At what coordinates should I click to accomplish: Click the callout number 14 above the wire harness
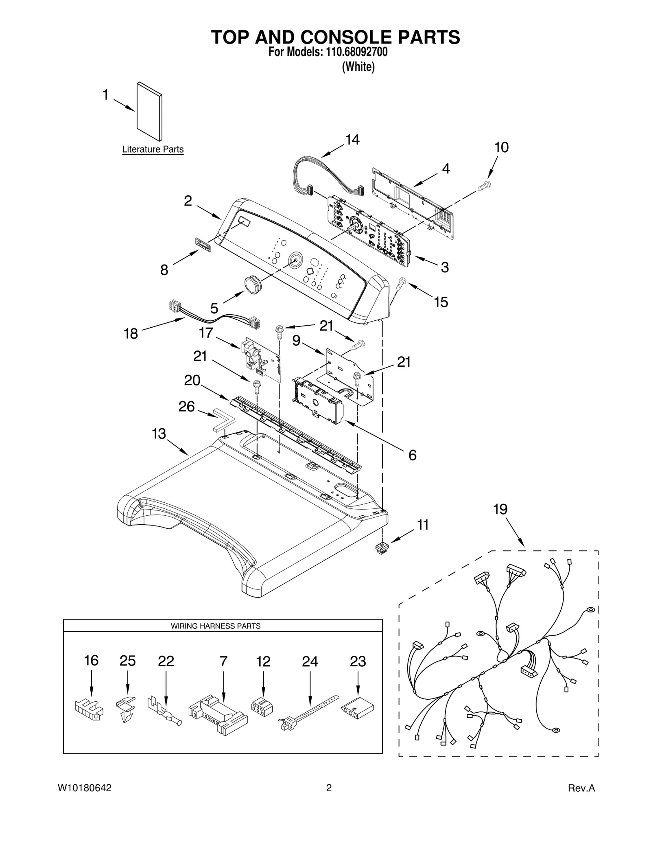pos(352,140)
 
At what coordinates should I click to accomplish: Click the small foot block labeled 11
pos(381,547)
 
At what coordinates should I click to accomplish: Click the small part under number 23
pos(357,708)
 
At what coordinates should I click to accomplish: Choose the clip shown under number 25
pos(127,708)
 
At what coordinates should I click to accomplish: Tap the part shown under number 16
pos(89,709)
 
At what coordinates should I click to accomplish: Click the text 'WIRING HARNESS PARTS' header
pos(215,626)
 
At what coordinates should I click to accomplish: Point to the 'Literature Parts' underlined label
pos(153,149)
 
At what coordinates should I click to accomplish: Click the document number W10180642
pos(85,799)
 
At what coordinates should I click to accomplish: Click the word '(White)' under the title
pos(358,67)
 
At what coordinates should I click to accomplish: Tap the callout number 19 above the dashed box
pos(500,509)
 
